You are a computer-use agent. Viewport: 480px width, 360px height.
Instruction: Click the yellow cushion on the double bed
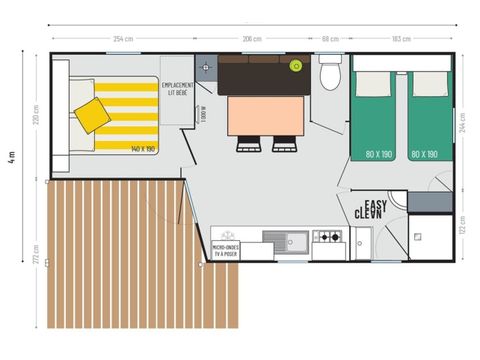point(93,114)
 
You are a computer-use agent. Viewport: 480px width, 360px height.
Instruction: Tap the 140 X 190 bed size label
point(143,149)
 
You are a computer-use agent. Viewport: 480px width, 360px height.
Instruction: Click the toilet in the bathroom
point(330,76)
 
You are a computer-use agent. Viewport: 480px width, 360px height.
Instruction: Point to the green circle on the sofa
point(296,66)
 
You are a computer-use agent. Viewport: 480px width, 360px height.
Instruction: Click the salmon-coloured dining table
point(263,115)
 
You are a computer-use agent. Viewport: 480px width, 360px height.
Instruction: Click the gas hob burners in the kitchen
point(328,238)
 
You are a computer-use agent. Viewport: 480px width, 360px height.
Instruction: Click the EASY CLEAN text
point(372,208)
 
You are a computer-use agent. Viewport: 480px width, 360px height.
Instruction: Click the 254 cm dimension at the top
point(123,39)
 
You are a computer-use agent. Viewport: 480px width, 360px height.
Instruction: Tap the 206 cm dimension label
point(252,39)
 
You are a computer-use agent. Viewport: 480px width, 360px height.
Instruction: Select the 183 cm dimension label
point(401,39)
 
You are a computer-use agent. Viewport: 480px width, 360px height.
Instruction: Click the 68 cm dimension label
point(329,39)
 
